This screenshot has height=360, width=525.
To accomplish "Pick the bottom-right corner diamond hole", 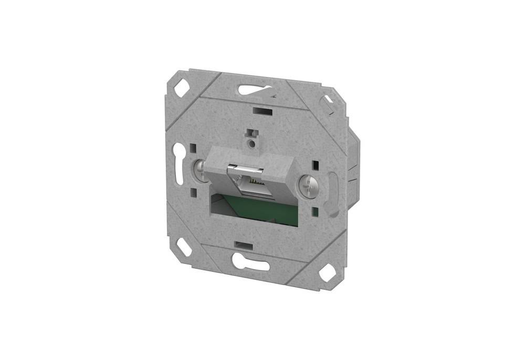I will (327, 272).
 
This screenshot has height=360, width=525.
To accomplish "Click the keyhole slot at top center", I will (255, 90).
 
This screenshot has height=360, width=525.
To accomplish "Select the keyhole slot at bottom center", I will (250, 262).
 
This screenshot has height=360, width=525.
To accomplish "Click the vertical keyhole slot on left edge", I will (179, 164).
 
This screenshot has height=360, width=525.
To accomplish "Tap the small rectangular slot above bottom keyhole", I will (244, 245).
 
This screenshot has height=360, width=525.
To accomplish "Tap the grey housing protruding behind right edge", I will (353, 163).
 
